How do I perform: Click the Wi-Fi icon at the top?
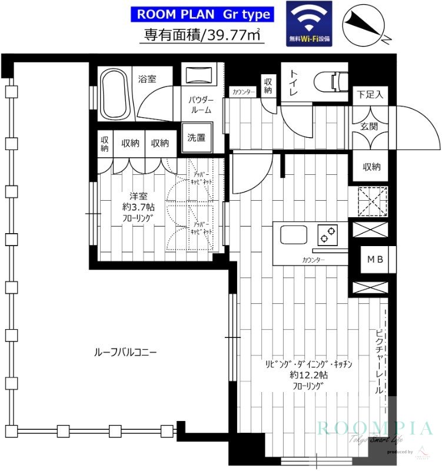(x=309, y=23)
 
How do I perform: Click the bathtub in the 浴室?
(x=115, y=95)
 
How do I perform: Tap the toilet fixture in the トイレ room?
(x=331, y=81)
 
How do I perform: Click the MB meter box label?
(x=374, y=259)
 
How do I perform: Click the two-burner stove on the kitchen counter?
(x=325, y=234)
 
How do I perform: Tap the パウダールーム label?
(x=201, y=104)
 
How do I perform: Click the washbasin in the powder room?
(x=200, y=75)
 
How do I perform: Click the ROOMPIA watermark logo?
(x=377, y=428)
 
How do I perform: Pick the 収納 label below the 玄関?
(x=371, y=167)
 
